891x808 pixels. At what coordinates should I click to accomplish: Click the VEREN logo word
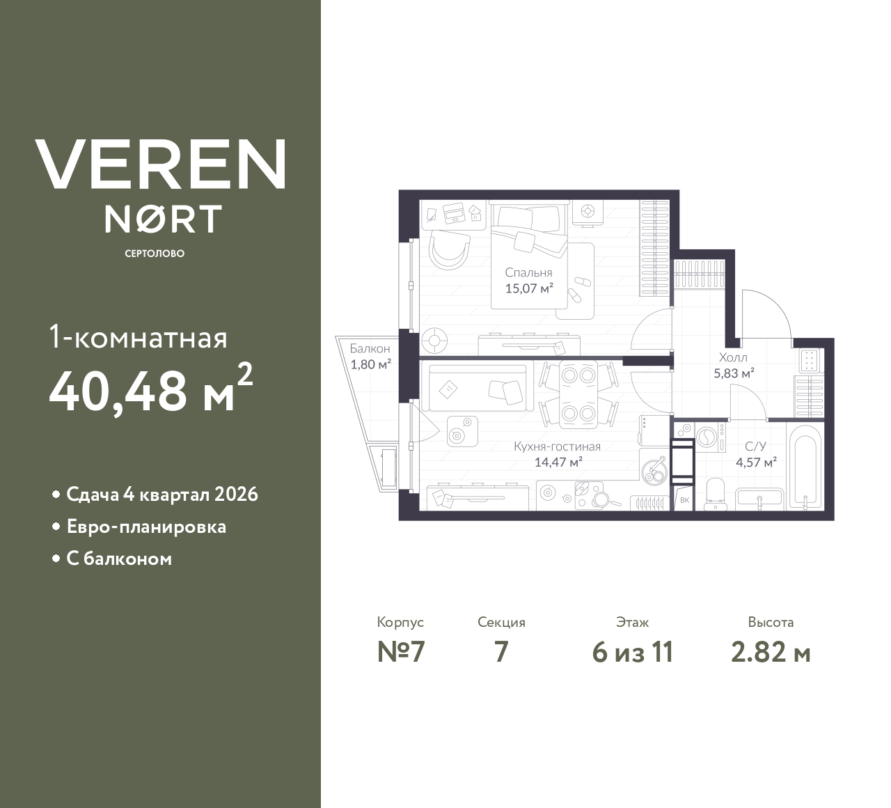tap(161, 164)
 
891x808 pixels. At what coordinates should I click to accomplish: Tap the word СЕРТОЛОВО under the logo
tap(155, 254)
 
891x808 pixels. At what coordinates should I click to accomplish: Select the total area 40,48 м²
tap(150, 389)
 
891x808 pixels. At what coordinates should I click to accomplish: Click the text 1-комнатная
tap(138, 339)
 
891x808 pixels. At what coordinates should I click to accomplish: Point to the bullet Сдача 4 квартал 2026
tap(161, 495)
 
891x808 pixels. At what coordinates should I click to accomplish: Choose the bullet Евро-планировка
tap(146, 527)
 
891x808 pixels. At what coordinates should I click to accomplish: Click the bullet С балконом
tap(119, 559)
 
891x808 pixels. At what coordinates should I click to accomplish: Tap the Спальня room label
tap(528, 273)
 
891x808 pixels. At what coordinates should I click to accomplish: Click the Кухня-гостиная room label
tap(557, 446)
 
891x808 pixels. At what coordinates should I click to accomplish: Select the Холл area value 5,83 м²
tap(734, 373)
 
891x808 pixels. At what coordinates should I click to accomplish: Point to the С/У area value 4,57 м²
tap(756, 462)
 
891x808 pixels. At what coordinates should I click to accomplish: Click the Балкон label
tap(370, 348)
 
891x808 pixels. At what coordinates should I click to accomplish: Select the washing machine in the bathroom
tap(709, 438)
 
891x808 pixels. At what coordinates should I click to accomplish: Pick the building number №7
tap(400, 653)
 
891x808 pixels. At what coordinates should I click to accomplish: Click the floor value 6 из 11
tap(632, 653)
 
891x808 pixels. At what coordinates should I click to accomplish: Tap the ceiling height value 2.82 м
tap(771, 653)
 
